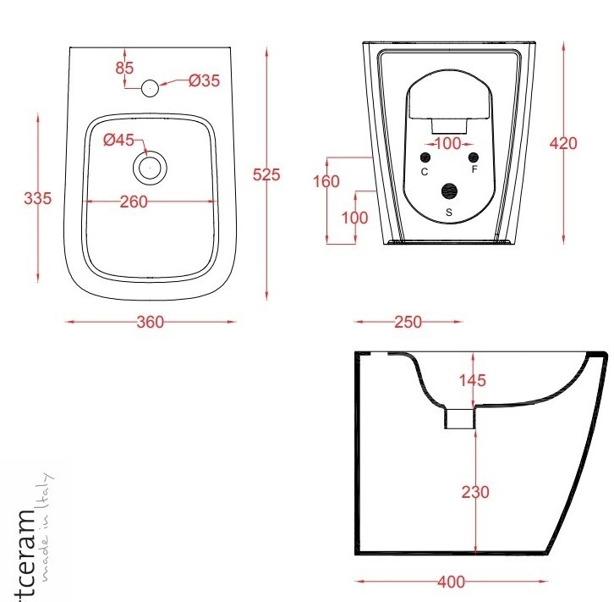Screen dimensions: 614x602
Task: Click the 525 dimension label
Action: coord(266,174)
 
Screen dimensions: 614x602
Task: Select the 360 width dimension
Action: coord(151,322)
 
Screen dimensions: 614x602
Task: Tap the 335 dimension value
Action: coord(37,198)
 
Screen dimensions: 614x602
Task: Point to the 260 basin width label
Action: coord(134,202)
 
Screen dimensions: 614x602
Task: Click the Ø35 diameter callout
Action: coord(204,80)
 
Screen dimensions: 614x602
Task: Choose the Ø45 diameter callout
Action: coord(118,140)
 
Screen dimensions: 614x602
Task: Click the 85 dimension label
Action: coord(124,68)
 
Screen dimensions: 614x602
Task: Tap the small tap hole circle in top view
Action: coord(150,88)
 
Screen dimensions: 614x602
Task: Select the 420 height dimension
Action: coord(563,143)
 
